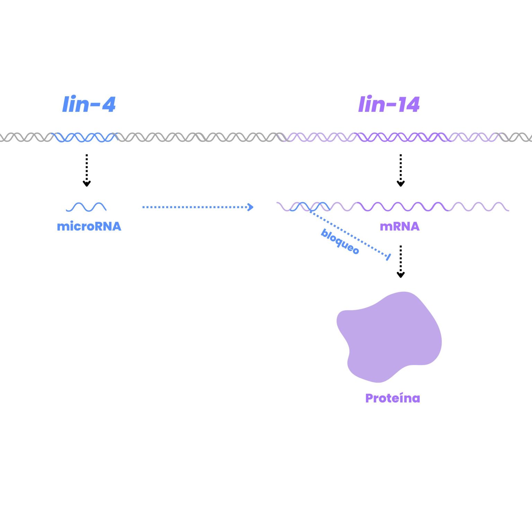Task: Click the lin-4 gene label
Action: tap(89, 104)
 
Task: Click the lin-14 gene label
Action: tap(389, 104)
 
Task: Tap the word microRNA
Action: tap(89, 227)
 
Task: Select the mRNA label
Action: tap(399, 227)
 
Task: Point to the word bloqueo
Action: tap(340, 241)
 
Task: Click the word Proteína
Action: tap(392, 398)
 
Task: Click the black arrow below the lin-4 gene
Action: tap(87, 170)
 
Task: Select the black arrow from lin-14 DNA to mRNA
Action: tap(401, 170)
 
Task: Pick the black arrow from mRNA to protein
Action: tap(401, 261)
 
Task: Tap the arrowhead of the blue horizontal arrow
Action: tap(251, 207)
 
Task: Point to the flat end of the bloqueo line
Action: tap(388, 257)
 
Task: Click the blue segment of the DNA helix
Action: tap(85, 138)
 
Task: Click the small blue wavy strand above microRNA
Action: tap(86, 207)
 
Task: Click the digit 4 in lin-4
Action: tap(108, 104)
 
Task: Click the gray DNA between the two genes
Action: tap(197, 138)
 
